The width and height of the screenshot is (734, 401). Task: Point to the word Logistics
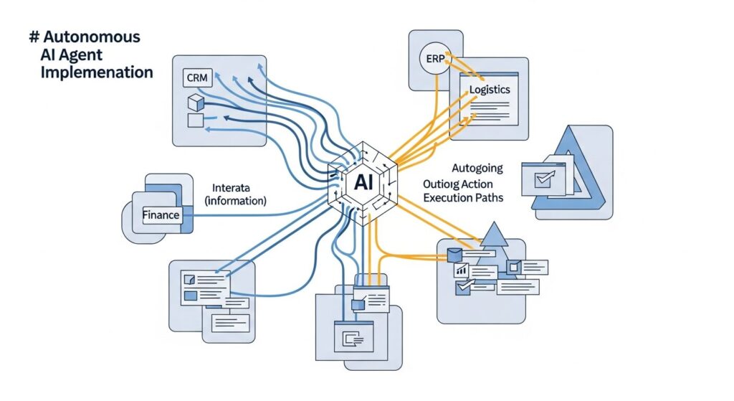[x=490, y=90]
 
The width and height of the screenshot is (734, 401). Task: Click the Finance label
[x=161, y=214]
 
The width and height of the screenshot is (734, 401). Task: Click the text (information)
[x=236, y=202]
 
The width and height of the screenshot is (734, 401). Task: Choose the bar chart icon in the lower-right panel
[x=462, y=270]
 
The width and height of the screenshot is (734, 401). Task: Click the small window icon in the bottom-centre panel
[x=353, y=339]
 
